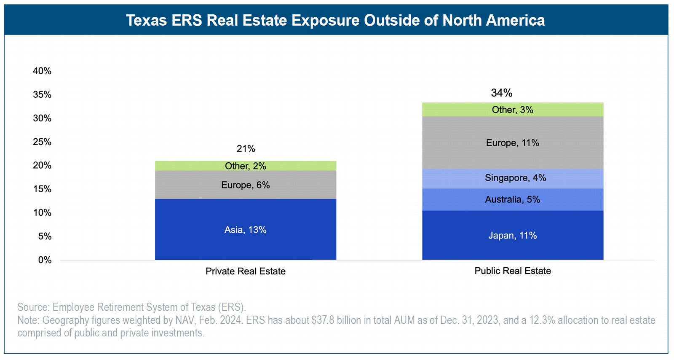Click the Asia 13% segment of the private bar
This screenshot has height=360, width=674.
(245, 230)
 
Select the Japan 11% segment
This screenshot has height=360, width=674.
(512, 235)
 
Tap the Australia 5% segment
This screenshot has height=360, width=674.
(512, 199)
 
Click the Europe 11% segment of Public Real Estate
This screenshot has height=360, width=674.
(512, 143)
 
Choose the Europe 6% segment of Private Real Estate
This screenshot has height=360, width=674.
(245, 185)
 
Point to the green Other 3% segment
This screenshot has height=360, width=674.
(512, 110)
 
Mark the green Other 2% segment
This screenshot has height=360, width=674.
(245, 166)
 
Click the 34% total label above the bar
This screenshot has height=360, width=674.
(501, 93)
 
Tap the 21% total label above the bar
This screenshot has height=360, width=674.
(246, 148)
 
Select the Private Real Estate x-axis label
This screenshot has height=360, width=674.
(245, 271)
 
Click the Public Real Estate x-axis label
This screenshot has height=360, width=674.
(512, 271)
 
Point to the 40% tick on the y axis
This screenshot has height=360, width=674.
(42, 71)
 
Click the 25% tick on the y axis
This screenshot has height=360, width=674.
(42, 142)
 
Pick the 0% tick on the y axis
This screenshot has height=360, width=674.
(45, 260)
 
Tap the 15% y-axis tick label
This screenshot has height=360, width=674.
(42, 189)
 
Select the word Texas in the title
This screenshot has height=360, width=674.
(147, 20)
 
